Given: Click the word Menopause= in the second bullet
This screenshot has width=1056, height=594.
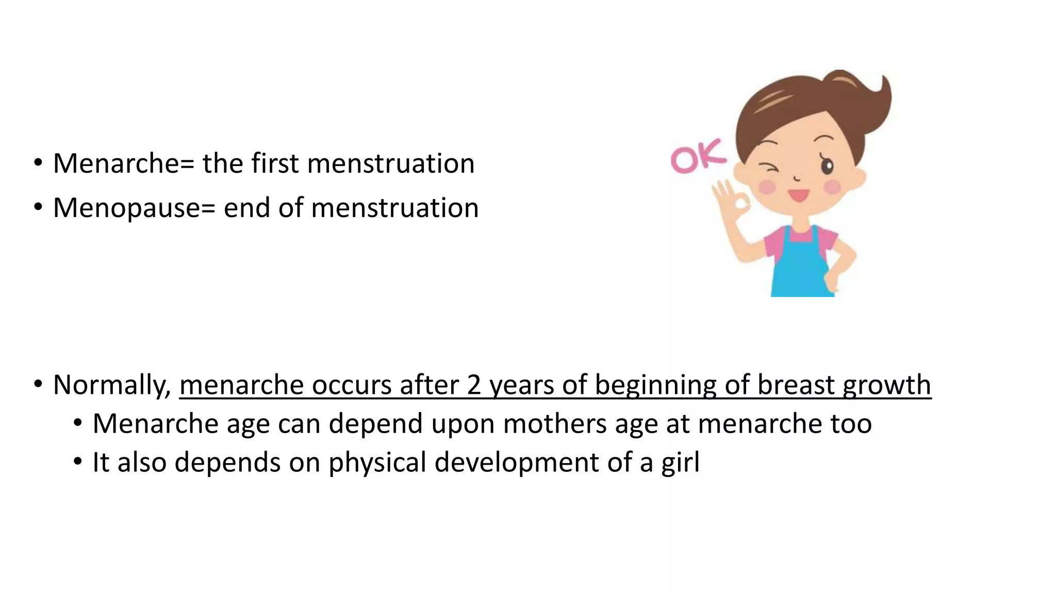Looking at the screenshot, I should coord(134,208).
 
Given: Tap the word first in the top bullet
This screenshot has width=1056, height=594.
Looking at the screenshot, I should coord(275,163).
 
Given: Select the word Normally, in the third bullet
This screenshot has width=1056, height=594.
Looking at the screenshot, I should coord(112,385).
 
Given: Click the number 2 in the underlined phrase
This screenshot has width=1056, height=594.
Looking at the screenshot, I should coord(474,385).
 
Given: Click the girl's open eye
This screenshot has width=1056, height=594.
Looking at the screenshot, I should coord(827,166).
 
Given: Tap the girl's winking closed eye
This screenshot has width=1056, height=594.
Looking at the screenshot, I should coord(768,169).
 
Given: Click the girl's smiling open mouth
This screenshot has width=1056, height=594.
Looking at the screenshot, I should coord(798,195).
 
